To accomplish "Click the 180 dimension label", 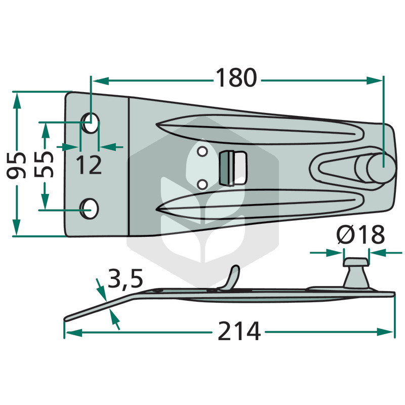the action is coord(236,77).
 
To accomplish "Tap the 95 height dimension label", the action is coord(16,166).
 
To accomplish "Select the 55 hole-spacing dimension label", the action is coord(44,164).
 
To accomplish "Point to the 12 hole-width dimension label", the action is coord(89,165).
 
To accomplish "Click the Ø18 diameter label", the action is coord(360,234).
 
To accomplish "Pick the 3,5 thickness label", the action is coord(125,278).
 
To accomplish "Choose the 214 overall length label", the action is coord(239,331).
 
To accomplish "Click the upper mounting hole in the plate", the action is coord(91,123).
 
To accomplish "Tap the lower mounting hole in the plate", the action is coord(90,209).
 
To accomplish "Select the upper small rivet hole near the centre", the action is coord(202,151).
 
